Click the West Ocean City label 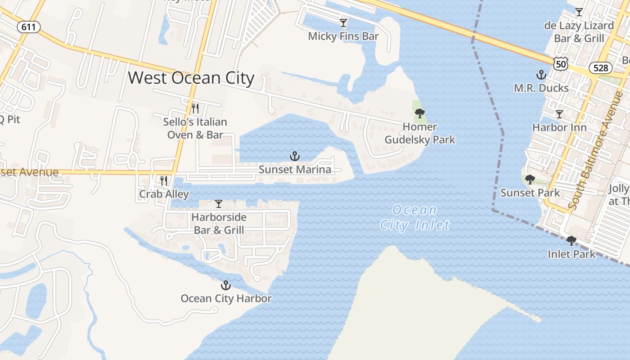point(191,78)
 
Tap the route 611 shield point(29,27)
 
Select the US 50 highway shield point(561,64)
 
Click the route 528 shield point(600,67)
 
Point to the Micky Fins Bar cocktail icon point(343,22)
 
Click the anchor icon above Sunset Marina point(295,156)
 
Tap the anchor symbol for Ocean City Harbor point(225,285)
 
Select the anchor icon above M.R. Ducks point(541,74)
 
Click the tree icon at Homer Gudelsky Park point(419,113)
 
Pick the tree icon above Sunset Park point(530,180)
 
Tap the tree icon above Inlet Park point(571,241)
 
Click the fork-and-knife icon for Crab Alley point(164,180)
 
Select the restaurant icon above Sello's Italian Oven point(195,108)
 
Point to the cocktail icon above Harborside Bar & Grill point(219,204)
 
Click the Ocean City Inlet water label point(414,217)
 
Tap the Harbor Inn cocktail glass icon point(559,114)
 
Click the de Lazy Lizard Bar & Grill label point(579,32)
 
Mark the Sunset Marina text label point(295,170)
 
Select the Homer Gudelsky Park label point(419,133)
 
